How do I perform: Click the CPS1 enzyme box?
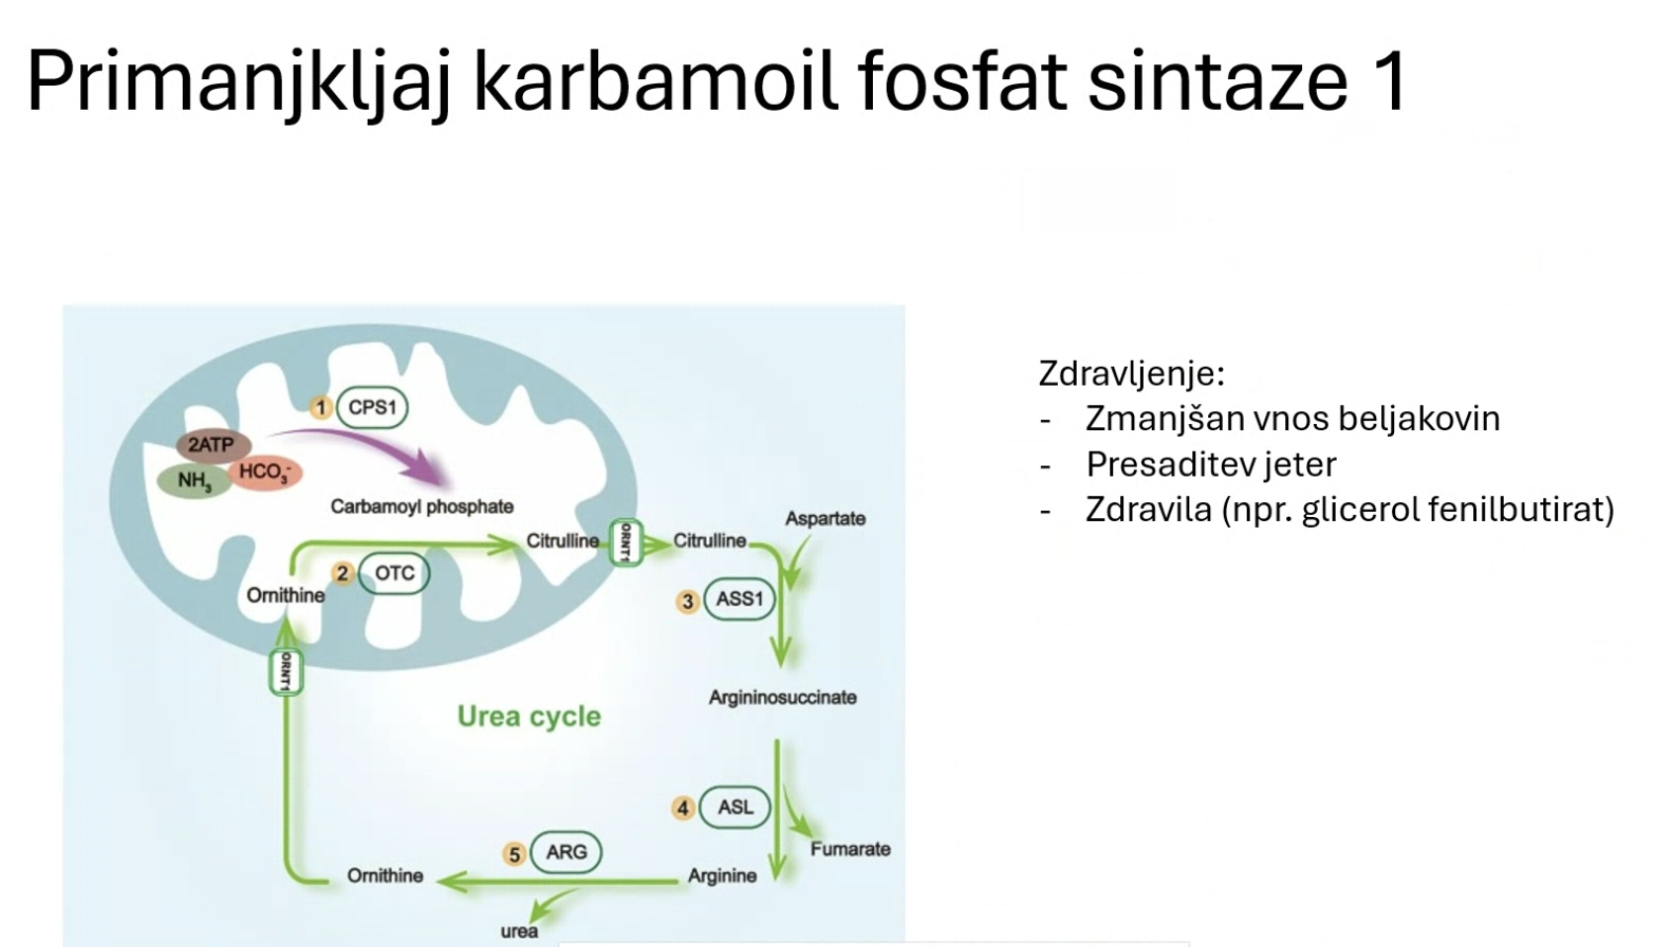click(372, 407)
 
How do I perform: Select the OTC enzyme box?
click(394, 573)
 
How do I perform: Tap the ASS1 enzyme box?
click(740, 599)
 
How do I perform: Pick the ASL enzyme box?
click(735, 808)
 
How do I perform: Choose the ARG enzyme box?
click(567, 852)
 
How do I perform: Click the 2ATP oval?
click(213, 445)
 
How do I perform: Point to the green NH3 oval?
click(194, 481)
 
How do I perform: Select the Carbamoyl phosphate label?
click(422, 507)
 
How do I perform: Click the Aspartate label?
click(826, 518)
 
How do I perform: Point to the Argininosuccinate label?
click(783, 697)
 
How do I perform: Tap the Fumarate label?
click(850, 849)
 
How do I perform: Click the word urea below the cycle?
click(519, 931)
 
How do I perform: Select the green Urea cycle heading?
click(529, 717)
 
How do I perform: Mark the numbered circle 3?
click(687, 602)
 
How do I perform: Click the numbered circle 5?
click(514, 855)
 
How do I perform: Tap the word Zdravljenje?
click(1132, 374)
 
